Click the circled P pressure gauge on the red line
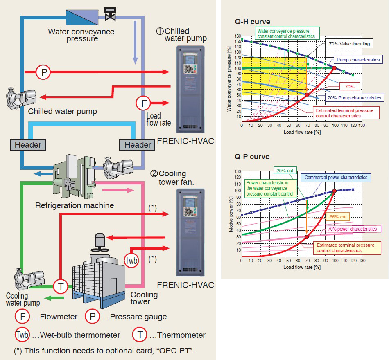pos(43,72)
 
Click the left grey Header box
pos(28,144)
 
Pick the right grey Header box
pos(138,144)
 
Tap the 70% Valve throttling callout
pos(348,44)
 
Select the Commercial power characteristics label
pos(336,178)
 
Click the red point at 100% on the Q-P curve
pos(335,191)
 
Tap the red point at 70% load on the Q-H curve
pos(307,95)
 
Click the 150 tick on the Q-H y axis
pos(237,40)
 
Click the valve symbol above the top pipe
pos(110,13)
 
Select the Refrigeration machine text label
pos(75,205)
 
